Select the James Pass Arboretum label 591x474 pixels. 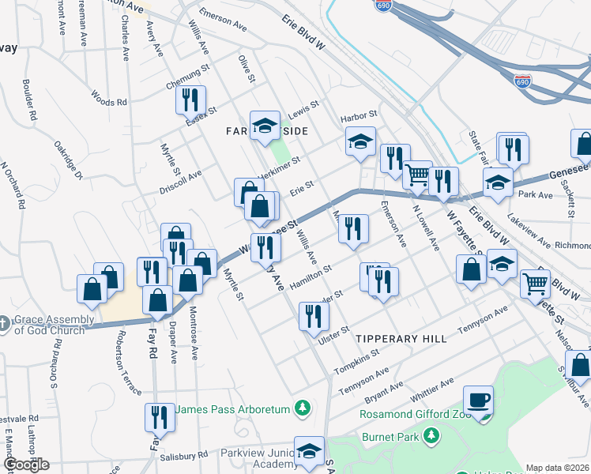coord(234,408)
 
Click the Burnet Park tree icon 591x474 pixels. coord(431,434)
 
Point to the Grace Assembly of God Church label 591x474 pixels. coord(50,324)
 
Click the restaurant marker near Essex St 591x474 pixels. coord(190,100)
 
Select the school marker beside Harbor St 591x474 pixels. coord(360,142)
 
